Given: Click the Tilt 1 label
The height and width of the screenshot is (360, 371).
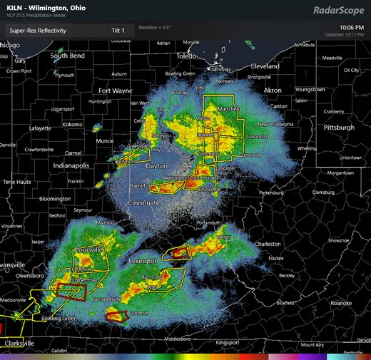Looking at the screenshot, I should coord(118,31).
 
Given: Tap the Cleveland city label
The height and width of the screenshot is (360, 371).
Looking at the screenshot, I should coord(265,66).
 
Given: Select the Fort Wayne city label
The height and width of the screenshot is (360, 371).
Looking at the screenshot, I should coord(116,91).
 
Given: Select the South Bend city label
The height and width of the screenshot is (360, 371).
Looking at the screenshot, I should coord(67,56).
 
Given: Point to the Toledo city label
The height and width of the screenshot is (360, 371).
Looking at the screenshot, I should coord(188,55).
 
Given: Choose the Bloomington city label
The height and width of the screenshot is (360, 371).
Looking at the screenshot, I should coord(55,199).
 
